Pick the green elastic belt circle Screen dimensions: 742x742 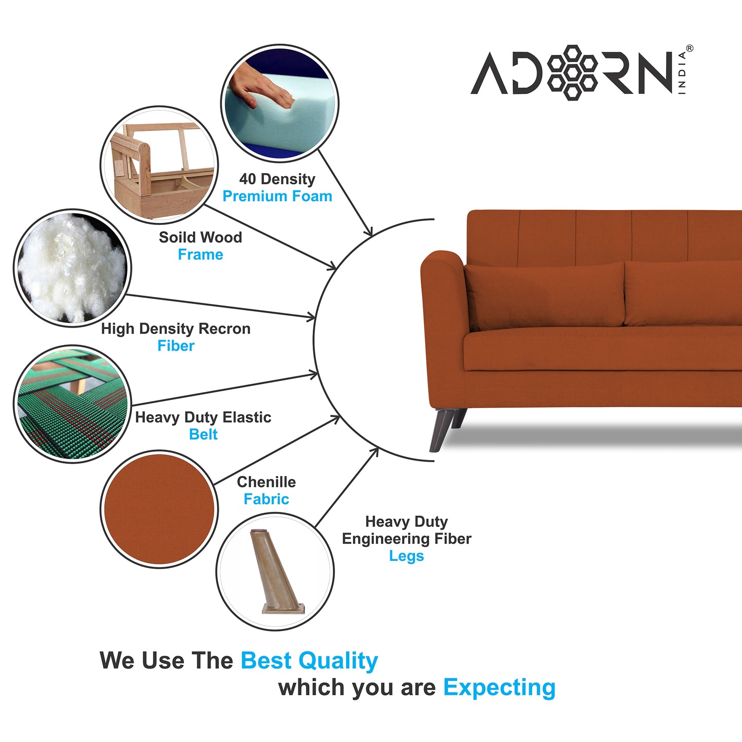pyautogui.click(x=72, y=404)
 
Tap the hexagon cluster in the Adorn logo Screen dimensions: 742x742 pyautogui.click(x=572, y=72)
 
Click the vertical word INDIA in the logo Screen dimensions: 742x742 pyautogui.click(x=682, y=72)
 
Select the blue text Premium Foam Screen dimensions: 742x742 pyautogui.click(x=277, y=196)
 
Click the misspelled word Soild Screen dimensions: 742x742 pyautogui.click(x=176, y=237)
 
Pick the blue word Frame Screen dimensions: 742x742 pyautogui.click(x=200, y=255)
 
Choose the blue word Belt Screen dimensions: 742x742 pyautogui.click(x=203, y=434)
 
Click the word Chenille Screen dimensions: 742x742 pyautogui.click(x=266, y=482)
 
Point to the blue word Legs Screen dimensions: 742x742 pyautogui.click(x=406, y=556)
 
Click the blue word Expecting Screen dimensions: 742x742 pyautogui.click(x=499, y=688)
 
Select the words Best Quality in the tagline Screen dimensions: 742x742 pyautogui.click(x=309, y=661)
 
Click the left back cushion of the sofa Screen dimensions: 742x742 pyautogui.click(x=544, y=295)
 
